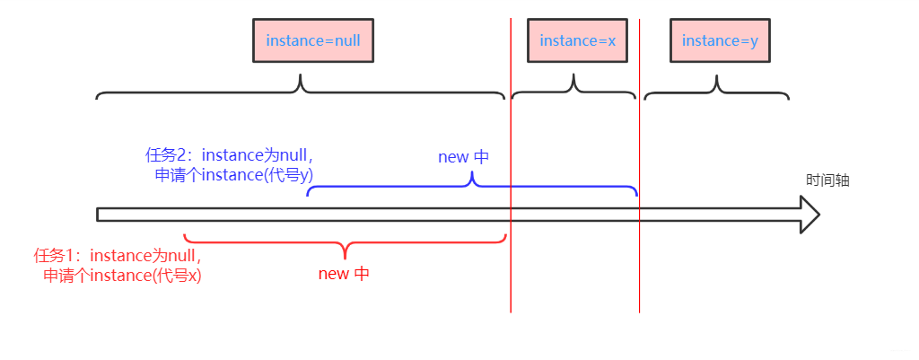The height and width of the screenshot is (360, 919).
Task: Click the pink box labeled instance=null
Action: coord(313,41)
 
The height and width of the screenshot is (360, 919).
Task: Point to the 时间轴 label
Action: coord(827,180)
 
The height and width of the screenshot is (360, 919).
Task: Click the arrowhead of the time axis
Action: coord(810,215)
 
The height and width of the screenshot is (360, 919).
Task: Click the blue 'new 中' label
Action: coord(463,157)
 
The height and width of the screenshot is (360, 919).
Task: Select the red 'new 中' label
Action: coord(344,274)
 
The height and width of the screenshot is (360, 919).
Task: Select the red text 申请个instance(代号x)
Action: coord(123,276)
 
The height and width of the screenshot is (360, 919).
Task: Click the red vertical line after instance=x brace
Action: coord(640,269)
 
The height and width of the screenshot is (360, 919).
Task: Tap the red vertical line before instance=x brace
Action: coord(511,269)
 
